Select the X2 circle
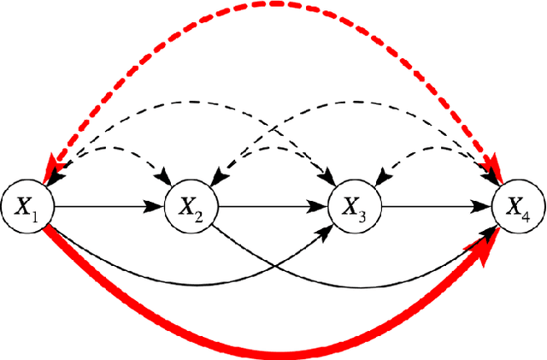tap(192, 206)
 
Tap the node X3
tap(356, 206)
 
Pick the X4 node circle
tap(519, 206)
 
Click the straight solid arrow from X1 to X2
tap(107, 206)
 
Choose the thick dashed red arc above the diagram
tap(273, 4)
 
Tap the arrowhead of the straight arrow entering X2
tap(159, 206)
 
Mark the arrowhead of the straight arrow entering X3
tap(322, 206)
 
